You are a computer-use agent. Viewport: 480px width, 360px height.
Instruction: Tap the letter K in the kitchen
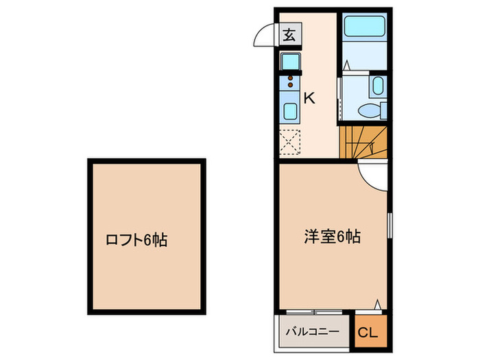click(x=309, y=98)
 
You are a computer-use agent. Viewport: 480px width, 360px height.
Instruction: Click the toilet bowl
click(x=373, y=109)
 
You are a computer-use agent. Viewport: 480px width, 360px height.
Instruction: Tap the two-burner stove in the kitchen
click(x=289, y=83)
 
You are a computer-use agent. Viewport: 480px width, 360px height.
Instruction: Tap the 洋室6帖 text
click(x=333, y=237)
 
